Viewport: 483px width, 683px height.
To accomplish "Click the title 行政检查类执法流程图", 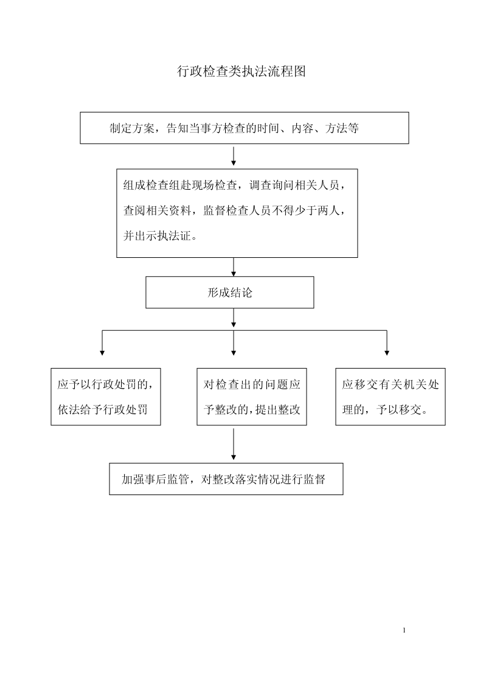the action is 241,71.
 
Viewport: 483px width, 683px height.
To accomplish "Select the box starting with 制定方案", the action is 245,128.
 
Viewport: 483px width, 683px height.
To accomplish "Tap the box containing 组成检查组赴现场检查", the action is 237,213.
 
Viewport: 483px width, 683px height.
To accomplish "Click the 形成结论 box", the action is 229,293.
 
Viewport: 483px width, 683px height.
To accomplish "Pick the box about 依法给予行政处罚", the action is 106,397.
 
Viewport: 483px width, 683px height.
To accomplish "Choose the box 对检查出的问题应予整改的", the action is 252,397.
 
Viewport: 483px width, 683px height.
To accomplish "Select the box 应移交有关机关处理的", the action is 391,397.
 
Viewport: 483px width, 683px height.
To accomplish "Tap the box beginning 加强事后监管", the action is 226,479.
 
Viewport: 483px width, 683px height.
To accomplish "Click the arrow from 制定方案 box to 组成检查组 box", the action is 234,156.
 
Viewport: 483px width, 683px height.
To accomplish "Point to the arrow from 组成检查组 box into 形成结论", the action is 234,267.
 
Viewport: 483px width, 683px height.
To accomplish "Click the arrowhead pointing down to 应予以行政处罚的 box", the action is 102,353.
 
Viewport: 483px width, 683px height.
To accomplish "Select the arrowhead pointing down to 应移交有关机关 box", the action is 387,353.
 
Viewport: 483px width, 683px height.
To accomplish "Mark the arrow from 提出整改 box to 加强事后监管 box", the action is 234,444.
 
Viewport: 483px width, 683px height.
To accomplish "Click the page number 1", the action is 404,630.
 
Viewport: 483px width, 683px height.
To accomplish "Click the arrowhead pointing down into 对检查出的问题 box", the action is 234,353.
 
